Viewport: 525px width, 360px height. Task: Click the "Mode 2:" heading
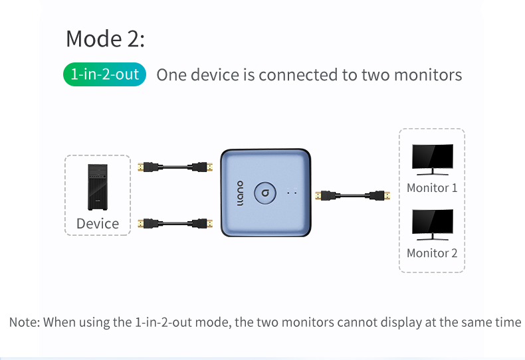pyautogui.click(x=105, y=39)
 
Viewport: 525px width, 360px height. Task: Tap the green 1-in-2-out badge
pyautogui.click(x=104, y=74)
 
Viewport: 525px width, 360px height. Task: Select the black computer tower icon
pyautogui.click(x=98, y=187)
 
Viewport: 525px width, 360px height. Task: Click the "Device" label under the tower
pyautogui.click(x=98, y=223)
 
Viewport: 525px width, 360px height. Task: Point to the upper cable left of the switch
pyautogui.click(x=175, y=167)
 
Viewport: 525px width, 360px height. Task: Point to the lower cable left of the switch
pyautogui.click(x=175, y=223)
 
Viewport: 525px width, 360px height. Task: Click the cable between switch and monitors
pyautogui.click(x=353, y=195)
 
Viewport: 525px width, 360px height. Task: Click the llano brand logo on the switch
pyautogui.click(x=240, y=193)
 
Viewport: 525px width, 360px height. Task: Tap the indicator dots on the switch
pyautogui.click(x=292, y=193)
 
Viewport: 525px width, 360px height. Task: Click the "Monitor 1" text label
pyautogui.click(x=432, y=188)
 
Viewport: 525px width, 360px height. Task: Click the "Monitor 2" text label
pyautogui.click(x=432, y=253)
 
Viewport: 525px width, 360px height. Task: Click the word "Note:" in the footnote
pyautogui.click(x=25, y=322)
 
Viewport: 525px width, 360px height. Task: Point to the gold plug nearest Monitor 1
pyautogui.click(x=387, y=195)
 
